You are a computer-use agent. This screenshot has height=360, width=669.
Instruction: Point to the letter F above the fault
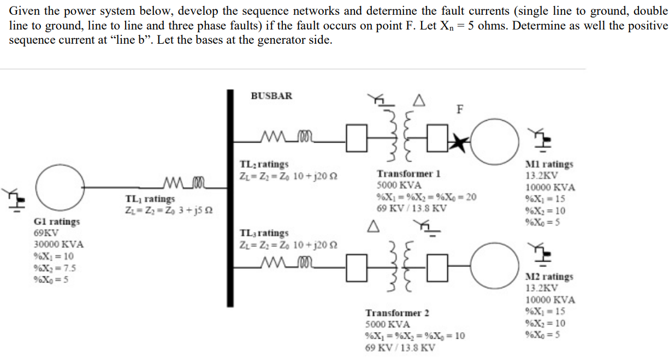[460, 108]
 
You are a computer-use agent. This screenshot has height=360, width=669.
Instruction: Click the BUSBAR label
[271, 96]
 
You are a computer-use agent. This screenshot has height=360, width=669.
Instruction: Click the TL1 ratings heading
[150, 199]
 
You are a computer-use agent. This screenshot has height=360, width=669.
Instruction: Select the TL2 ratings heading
[264, 164]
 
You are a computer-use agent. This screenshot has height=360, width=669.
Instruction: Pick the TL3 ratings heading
[264, 233]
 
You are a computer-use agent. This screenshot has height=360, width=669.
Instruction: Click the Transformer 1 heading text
[408, 174]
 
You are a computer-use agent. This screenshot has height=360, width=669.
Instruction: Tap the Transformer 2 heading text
[397, 313]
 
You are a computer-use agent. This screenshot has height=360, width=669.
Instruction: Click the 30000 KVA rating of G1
[59, 245]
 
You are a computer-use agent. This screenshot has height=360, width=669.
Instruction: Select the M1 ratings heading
[549, 164]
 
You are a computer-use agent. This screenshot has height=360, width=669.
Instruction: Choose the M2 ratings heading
[549, 276]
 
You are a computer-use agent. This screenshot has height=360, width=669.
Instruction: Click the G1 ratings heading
[57, 222]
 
